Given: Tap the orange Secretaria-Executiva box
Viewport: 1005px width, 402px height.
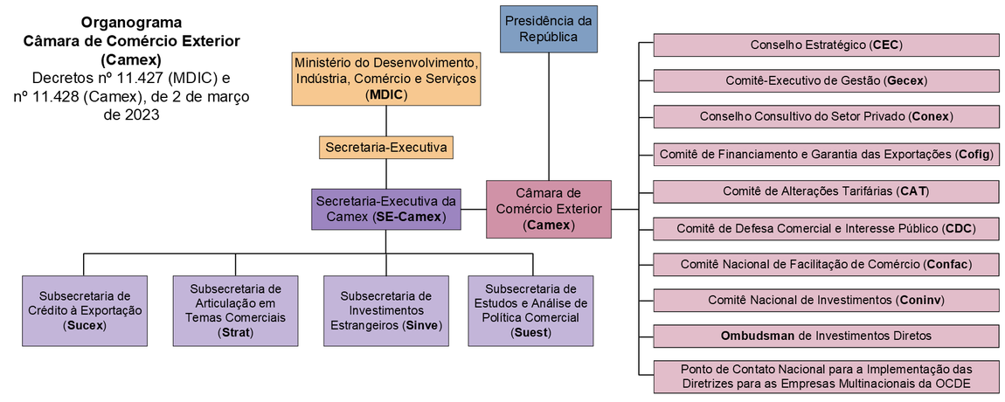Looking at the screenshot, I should (x=386, y=148).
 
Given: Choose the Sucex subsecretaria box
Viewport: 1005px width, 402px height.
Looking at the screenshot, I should (x=84, y=310).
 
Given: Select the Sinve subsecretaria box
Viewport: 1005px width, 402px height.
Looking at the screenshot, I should (x=386, y=310).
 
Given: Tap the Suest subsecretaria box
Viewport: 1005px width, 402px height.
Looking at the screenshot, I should (x=530, y=310).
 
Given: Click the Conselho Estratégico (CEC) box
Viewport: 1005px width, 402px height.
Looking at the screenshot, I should (x=826, y=45).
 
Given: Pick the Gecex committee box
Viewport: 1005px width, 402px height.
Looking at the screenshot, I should (x=826, y=80).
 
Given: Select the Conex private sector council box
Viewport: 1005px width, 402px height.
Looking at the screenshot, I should (x=826, y=116).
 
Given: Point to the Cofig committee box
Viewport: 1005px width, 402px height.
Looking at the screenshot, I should (x=826, y=155).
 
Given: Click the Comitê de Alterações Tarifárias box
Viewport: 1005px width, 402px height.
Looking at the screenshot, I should (x=826, y=191).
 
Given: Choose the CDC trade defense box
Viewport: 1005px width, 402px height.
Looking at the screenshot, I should (x=826, y=229).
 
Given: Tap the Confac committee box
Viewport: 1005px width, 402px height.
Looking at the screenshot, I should (x=826, y=264).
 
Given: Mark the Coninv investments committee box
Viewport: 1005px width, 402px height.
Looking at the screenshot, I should (x=826, y=300).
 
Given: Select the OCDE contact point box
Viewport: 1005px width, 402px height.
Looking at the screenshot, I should (x=826, y=376).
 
